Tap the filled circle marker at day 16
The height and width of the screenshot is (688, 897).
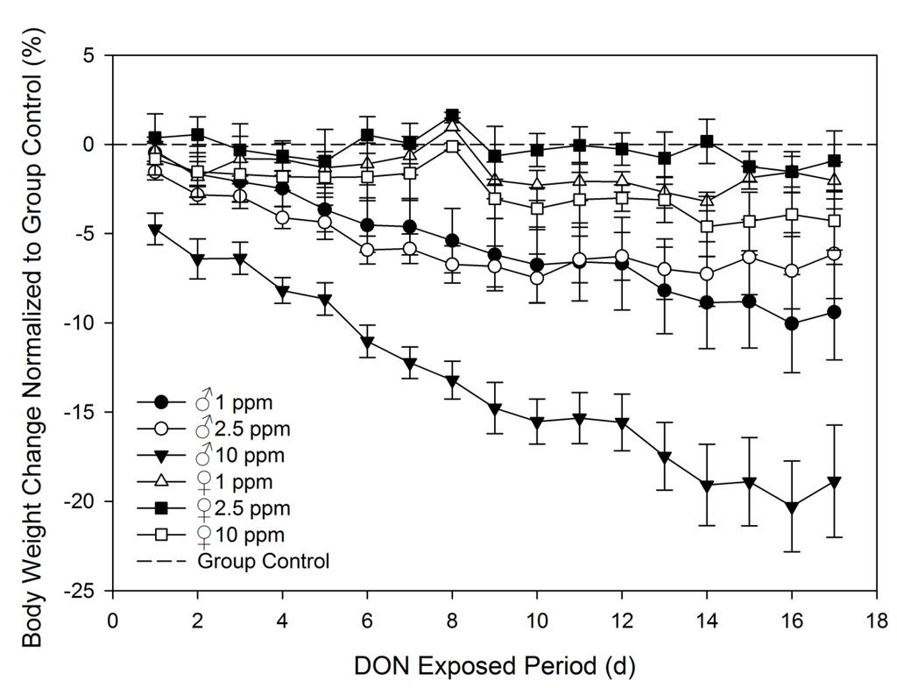(x=792, y=323)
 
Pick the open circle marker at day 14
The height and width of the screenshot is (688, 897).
(x=707, y=273)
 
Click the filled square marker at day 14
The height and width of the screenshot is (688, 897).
(x=707, y=141)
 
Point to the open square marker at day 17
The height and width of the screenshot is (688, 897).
(x=834, y=221)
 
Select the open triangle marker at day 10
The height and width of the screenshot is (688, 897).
(x=537, y=184)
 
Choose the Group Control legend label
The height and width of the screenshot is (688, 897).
(x=264, y=561)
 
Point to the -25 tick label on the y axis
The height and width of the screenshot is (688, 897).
(x=87, y=590)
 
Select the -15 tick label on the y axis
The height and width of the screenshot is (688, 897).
(x=87, y=412)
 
